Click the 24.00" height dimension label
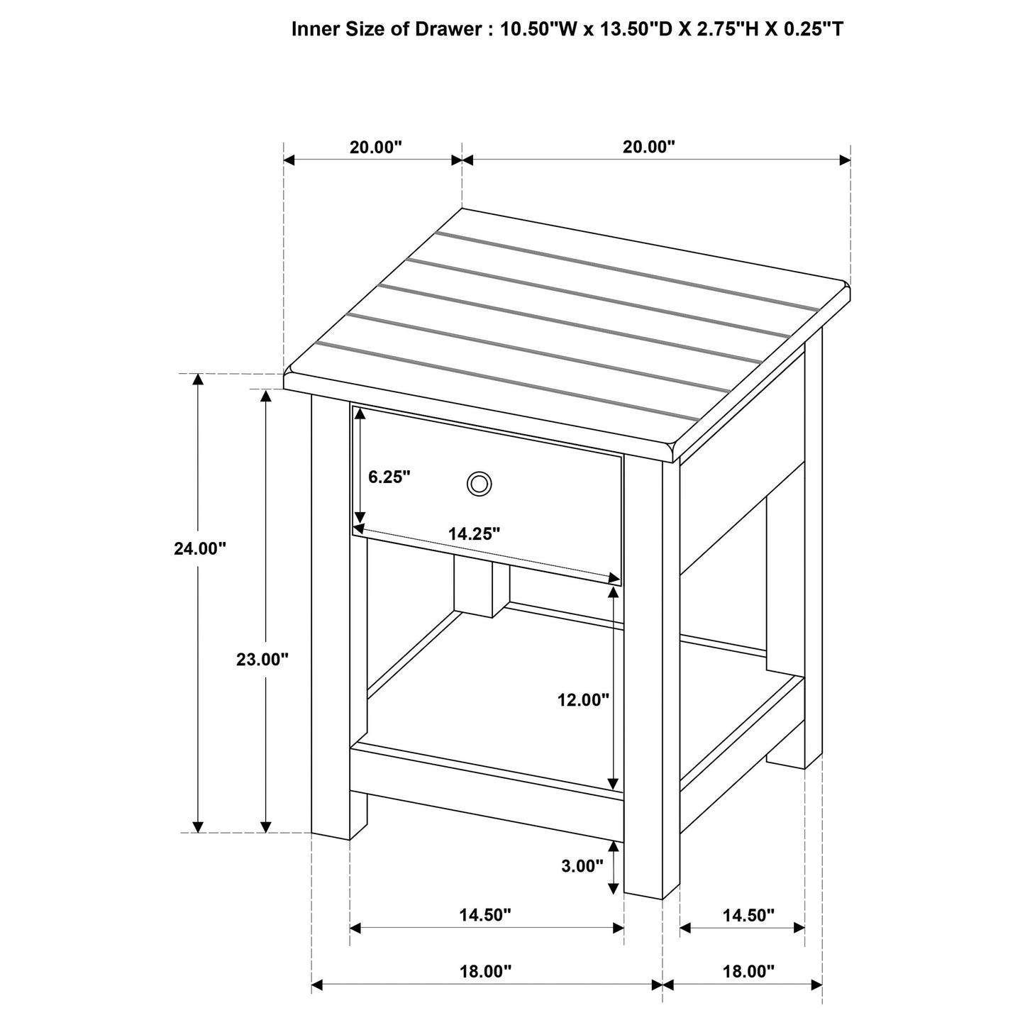[x=199, y=548]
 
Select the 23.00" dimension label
[x=262, y=660]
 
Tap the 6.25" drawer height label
[x=389, y=477]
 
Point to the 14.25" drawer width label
[x=474, y=534]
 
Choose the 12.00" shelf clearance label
[x=583, y=700]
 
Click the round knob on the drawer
[x=479, y=484]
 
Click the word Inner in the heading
[x=313, y=30]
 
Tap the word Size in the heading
[x=363, y=30]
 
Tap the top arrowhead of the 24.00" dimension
[x=199, y=379]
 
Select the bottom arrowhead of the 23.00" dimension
[x=266, y=826]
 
